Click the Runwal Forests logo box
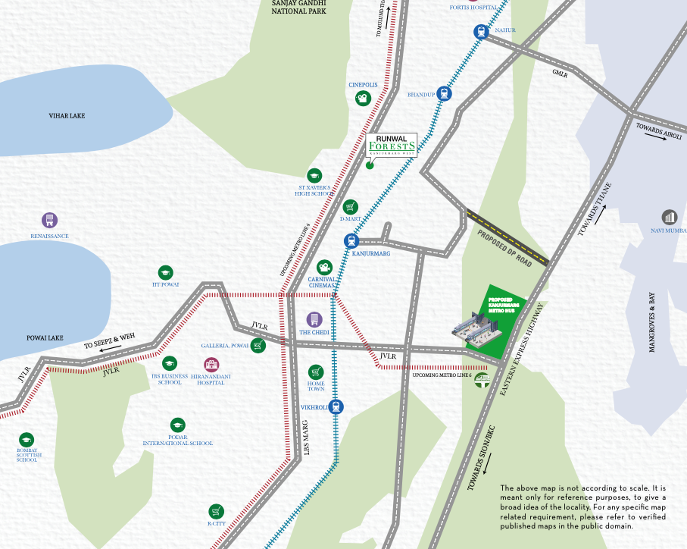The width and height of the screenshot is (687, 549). tap(391, 144)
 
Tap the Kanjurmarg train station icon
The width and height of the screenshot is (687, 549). tap(351, 241)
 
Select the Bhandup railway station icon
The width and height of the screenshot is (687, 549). tap(444, 94)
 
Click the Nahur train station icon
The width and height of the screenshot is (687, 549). tap(480, 31)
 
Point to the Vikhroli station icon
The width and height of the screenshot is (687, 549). tap(336, 406)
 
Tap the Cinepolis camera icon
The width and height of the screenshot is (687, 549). tap(364, 99)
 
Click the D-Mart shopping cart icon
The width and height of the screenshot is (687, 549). tap(350, 206)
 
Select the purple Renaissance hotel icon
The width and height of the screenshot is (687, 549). tap(49, 221)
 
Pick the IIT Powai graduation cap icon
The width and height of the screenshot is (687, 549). tap(165, 272)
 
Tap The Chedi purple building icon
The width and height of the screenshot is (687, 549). tap(314, 320)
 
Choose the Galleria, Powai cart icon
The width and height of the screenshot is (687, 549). tap(259, 346)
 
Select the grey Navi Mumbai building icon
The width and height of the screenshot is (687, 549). tap(669, 218)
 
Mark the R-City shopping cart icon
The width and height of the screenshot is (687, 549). tap(217, 510)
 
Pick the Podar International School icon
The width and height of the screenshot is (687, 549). tap(178, 425)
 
